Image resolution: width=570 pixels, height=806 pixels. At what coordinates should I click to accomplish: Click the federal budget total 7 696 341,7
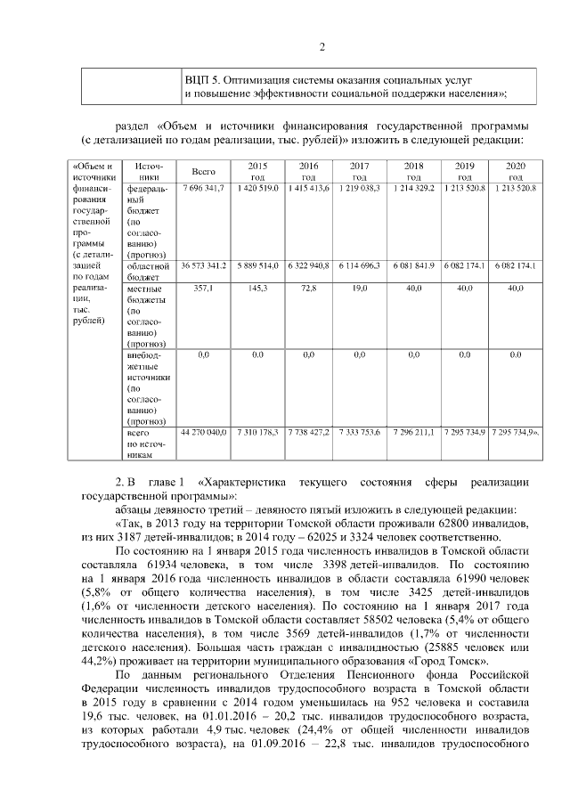(204, 190)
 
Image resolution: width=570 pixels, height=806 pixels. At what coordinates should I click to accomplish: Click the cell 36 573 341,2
(204, 265)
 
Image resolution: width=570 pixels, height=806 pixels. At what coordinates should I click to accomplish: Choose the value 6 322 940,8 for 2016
(309, 265)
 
